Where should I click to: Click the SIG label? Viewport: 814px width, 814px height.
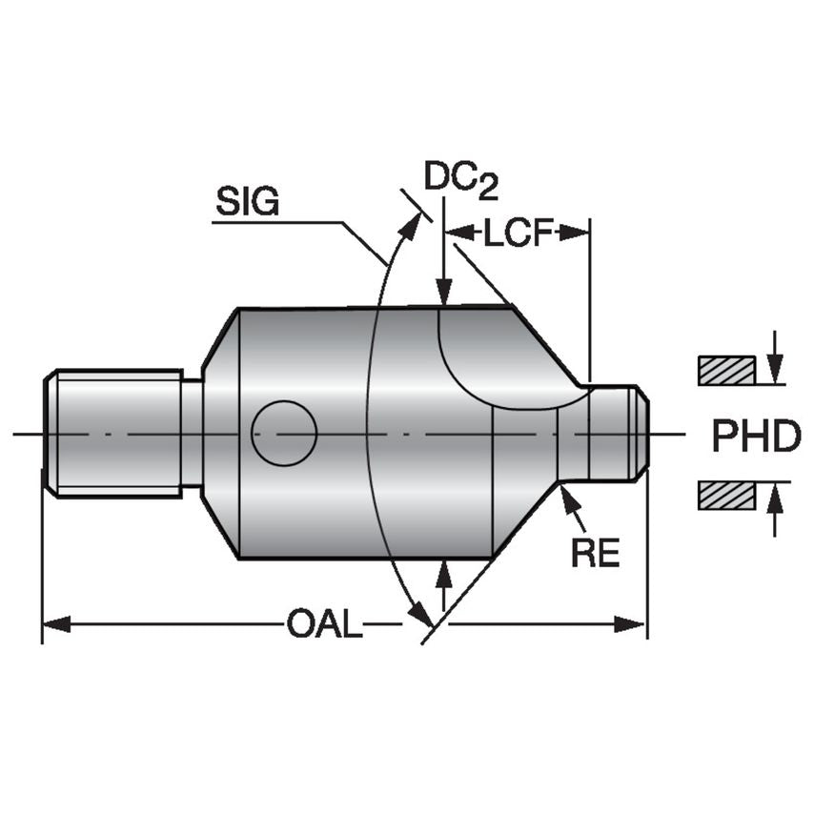(x=247, y=201)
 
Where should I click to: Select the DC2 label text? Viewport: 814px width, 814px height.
(x=461, y=179)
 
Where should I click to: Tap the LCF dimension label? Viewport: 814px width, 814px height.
(x=519, y=233)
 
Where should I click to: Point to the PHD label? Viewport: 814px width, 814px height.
(x=756, y=436)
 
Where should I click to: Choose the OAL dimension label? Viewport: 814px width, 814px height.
(x=324, y=625)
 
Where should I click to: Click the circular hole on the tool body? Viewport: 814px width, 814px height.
(x=284, y=434)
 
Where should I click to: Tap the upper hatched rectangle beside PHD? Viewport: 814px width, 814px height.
(x=726, y=370)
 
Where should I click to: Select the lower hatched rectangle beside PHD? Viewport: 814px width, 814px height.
(x=726, y=496)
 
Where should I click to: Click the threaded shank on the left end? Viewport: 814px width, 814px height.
(x=114, y=434)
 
